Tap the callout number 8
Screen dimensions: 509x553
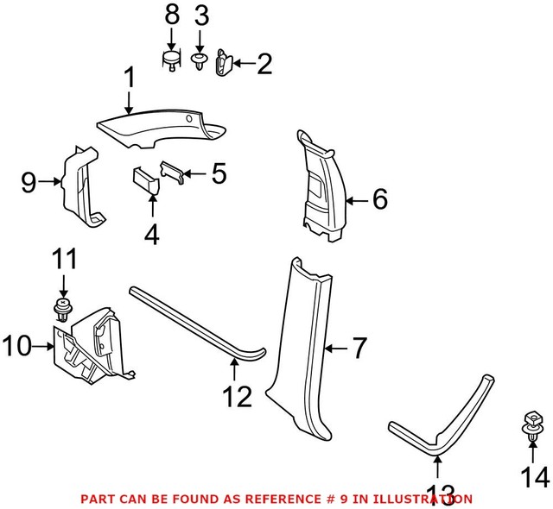click(171, 15)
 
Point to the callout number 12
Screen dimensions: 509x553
click(237, 398)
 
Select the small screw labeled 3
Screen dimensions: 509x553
click(200, 61)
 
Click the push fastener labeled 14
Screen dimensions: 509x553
click(531, 429)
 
